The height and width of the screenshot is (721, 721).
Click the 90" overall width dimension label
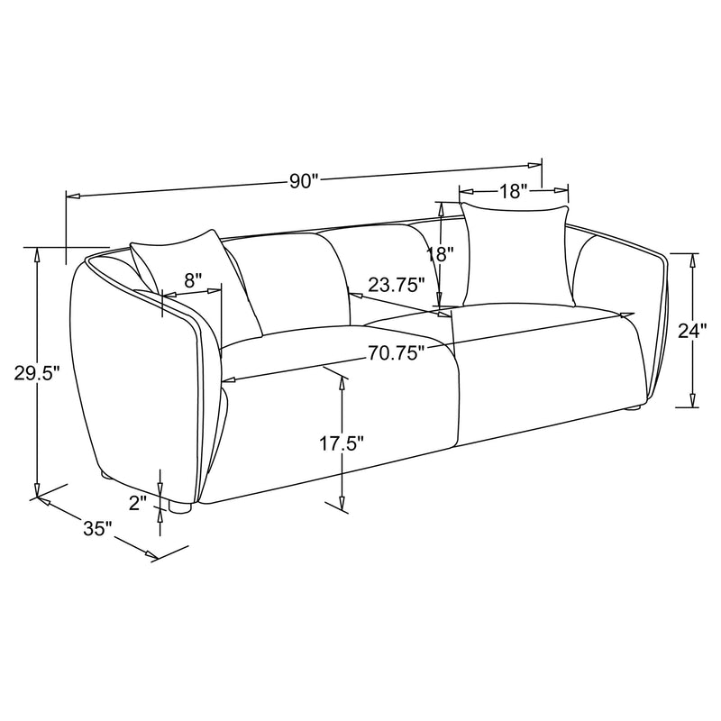[x=305, y=180]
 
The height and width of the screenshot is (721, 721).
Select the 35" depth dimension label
[x=96, y=529]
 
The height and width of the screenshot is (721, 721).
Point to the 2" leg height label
[x=137, y=503]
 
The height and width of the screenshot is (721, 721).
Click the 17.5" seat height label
[x=342, y=443]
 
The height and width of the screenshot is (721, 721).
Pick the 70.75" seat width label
[x=396, y=354]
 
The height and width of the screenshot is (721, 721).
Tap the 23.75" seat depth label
[x=397, y=286]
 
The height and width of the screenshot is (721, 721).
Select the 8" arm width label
[x=193, y=280]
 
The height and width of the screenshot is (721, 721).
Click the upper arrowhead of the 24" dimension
[x=692, y=260]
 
